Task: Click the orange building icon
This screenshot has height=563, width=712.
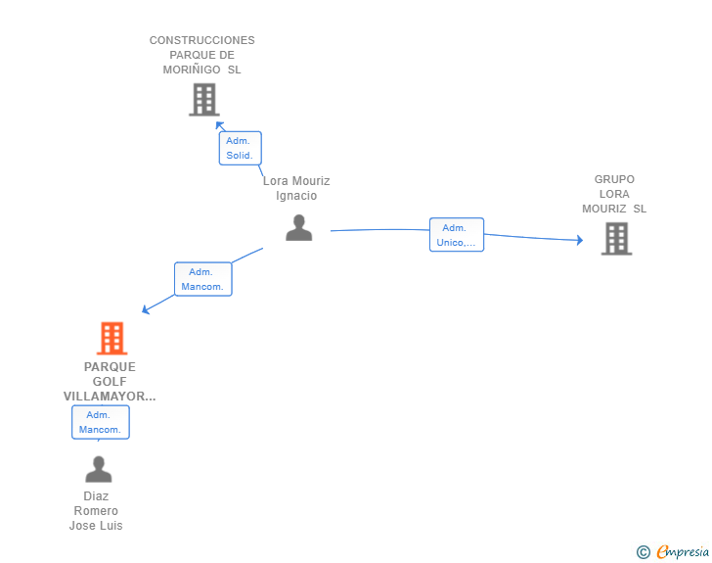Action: pos(111,338)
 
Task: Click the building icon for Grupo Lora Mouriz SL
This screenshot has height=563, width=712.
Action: pos(616,238)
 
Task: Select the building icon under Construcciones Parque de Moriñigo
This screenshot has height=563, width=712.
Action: pos(204,100)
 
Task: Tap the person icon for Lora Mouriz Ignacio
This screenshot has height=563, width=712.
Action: pos(299,227)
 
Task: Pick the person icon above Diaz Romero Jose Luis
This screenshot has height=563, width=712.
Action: pos(99,469)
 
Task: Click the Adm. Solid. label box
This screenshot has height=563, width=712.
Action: pos(241,148)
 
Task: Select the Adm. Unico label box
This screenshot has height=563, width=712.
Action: pos(457,235)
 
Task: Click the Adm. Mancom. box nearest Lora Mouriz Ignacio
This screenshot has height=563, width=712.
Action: pos(203,279)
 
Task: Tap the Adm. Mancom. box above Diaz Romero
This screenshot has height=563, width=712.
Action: pos(101,422)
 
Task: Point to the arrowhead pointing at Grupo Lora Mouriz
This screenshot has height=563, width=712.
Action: pos(580,240)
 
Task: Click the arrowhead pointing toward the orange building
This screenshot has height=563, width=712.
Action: pos(146,309)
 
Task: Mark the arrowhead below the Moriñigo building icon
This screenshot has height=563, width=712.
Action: pos(220,124)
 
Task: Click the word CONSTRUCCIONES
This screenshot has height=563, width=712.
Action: pos(202,40)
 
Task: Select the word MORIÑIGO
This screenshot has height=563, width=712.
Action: pos(192,70)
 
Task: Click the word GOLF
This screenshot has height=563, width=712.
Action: pos(110,382)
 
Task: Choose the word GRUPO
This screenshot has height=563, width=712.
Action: pos(614,179)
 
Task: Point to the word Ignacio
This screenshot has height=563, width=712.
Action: pos(296,196)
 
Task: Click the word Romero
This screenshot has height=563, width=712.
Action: pos(96,511)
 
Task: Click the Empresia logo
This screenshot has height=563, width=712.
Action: pos(673,551)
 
